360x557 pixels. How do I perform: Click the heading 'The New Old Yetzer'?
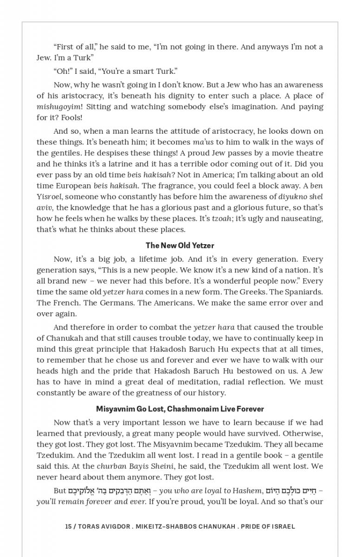click(180, 245)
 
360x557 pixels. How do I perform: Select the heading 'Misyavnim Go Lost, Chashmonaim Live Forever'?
click(180, 409)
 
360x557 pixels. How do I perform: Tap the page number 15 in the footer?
click(68, 526)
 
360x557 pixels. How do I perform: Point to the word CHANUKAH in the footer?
click(211, 526)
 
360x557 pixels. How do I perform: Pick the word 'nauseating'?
click(302, 218)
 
